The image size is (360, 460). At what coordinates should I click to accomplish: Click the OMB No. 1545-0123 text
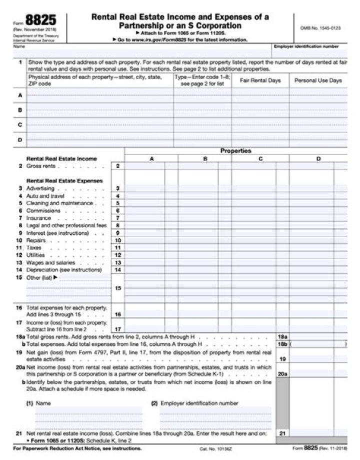pyautogui.click(x=320, y=28)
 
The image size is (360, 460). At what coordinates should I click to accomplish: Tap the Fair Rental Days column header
pyautogui.click(x=260, y=81)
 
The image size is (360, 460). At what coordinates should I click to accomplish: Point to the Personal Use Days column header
pyautogui.click(x=318, y=81)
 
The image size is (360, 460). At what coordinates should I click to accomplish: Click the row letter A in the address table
pyautogui.click(x=19, y=95)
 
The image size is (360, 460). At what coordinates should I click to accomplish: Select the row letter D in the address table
pyautogui.click(x=19, y=140)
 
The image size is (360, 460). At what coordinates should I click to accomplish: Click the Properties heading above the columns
pyautogui.click(x=235, y=151)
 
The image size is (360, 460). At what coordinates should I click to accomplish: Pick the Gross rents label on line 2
pyautogui.click(x=41, y=166)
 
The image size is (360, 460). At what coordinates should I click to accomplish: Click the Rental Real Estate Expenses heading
pyautogui.click(x=64, y=181)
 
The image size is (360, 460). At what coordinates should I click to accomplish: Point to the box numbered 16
pyautogui.click(x=117, y=314)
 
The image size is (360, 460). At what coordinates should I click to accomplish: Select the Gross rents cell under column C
pyautogui.click(x=253, y=166)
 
